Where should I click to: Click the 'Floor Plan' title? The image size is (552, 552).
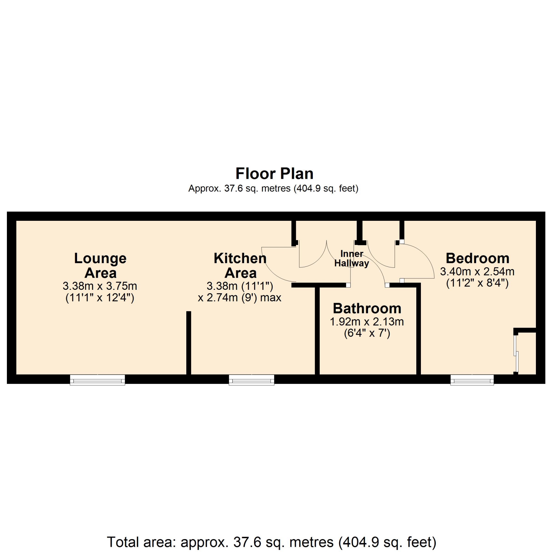(274, 174)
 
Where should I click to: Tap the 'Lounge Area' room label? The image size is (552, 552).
(100, 265)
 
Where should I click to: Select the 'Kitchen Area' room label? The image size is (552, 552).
(240, 265)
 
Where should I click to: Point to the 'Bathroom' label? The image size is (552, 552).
(367, 308)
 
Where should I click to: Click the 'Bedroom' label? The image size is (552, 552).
(478, 258)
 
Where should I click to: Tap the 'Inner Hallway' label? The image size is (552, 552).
(352, 258)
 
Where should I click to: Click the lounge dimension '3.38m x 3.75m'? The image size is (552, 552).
(100, 286)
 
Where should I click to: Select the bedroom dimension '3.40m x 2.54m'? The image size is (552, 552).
(477, 271)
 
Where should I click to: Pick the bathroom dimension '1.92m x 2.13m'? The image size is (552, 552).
(367, 322)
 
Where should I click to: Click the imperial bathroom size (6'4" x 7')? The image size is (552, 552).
(367, 333)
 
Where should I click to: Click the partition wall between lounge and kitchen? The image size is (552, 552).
(189, 343)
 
